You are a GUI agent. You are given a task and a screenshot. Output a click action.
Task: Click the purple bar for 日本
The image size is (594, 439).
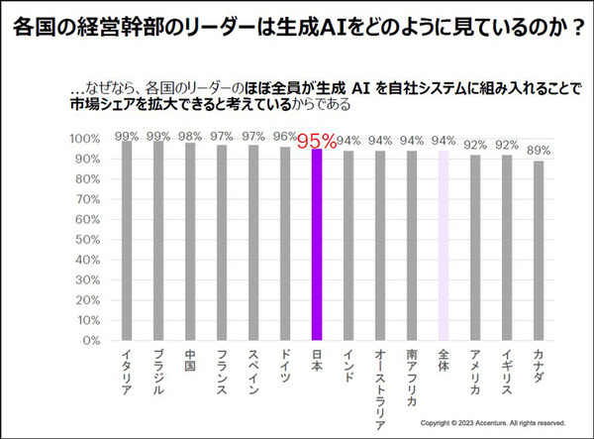click(x=317, y=244)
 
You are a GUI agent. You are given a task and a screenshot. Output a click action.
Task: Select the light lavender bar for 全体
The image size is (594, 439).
click(x=444, y=246)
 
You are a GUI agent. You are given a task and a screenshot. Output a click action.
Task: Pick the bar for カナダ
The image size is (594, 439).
click(x=539, y=250)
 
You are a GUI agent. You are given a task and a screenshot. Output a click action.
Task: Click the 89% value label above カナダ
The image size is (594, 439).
click(x=539, y=150)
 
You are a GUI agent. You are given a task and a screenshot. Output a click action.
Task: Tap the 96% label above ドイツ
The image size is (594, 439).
click(x=284, y=138)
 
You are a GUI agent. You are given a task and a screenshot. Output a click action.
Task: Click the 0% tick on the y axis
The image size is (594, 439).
click(x=86, y=340)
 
